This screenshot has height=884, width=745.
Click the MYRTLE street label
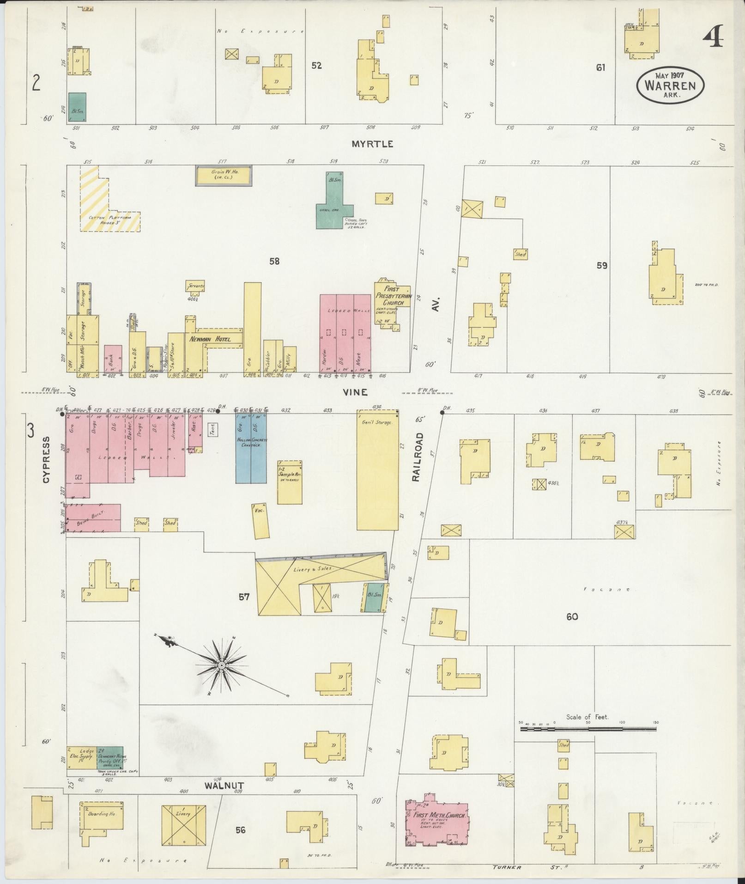(x=372, y=144)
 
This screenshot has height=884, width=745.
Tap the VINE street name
(x=355, y=392)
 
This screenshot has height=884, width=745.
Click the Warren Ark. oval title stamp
(x=670, y=85)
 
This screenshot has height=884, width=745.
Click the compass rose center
(x=221, y=665)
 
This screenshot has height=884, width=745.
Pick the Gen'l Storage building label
(x=381, y=422)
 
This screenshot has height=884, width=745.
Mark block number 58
(x=274, y=262)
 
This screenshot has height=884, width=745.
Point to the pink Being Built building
(x=92, y=518)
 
